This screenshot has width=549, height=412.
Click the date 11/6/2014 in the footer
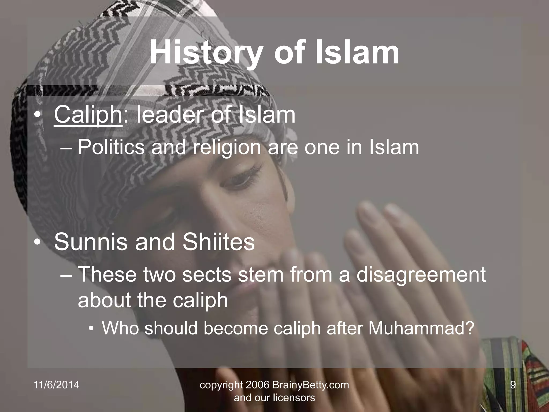pos(57,385)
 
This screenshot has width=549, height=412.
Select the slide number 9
pos(513,385)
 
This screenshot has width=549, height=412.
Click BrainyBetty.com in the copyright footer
pos(311,385)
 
